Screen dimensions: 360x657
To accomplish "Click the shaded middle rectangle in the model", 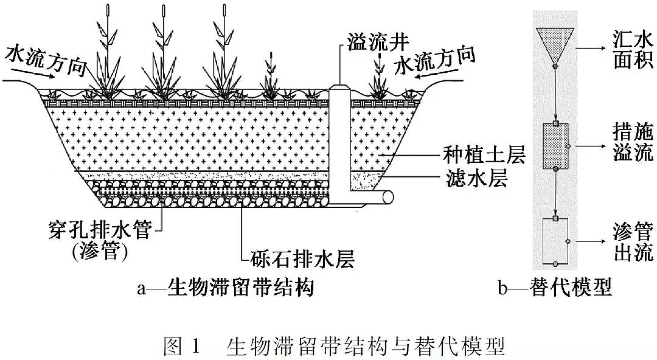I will (x=554, y=145).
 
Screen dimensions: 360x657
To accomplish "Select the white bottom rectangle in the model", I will (x=554, y=240).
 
